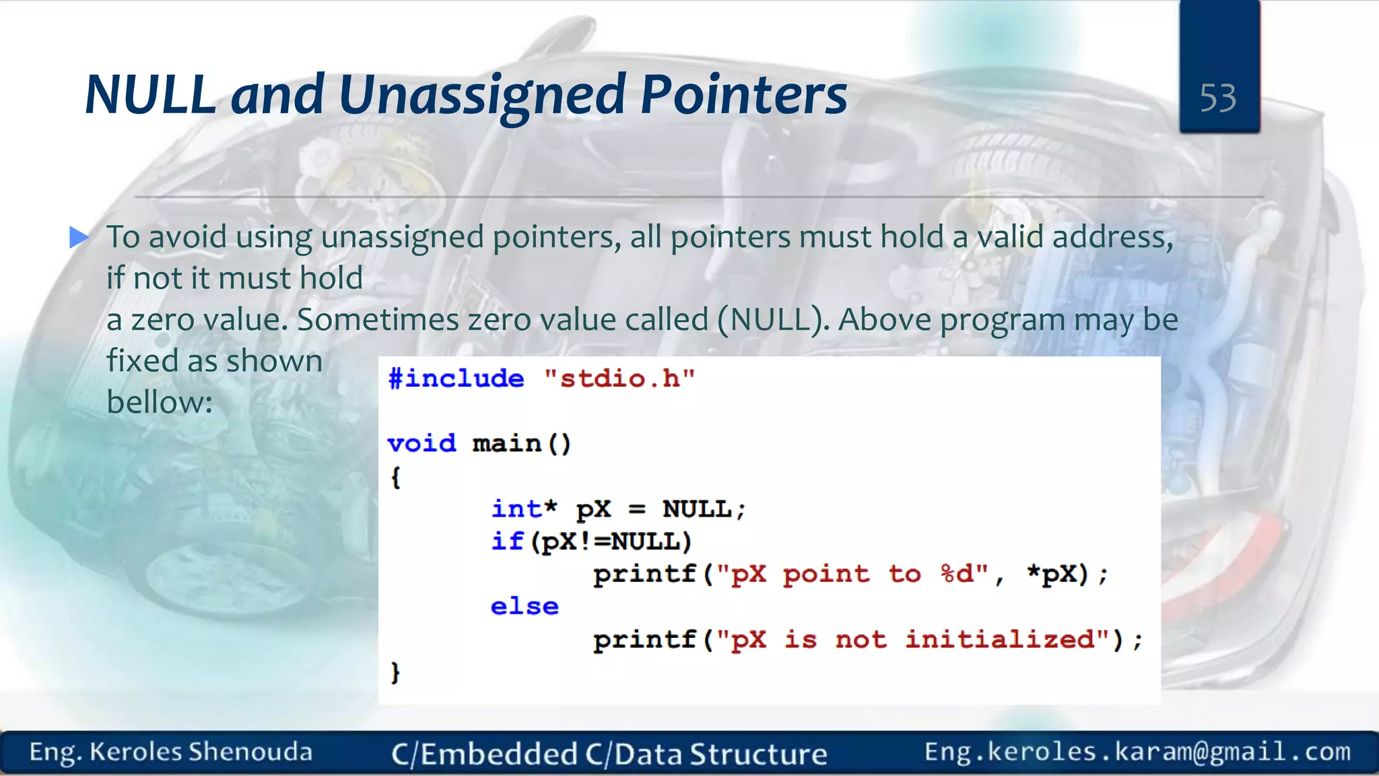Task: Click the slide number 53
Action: click(1217, 98)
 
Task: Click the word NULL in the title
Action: click(149, 95)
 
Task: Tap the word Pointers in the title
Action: click(743, 95)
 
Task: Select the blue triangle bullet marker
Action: click(79, 237)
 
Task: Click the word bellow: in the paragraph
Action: click(160, 403)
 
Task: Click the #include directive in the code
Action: click(456, 379)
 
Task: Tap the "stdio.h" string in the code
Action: click(619, 379)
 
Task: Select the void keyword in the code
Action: click(422, 443)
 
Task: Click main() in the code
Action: click(522, 443)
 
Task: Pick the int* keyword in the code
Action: click(524, 509)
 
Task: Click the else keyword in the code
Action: click(525, 606)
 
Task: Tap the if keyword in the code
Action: click(507, 542)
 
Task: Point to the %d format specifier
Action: click(957, 574)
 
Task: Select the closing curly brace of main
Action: click(395, 672)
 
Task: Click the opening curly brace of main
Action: click(395, 478)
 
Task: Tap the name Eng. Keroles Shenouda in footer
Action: click(171, 752)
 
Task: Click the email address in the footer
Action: click(1137, 752)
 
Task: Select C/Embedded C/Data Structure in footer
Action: click(609, 754)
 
